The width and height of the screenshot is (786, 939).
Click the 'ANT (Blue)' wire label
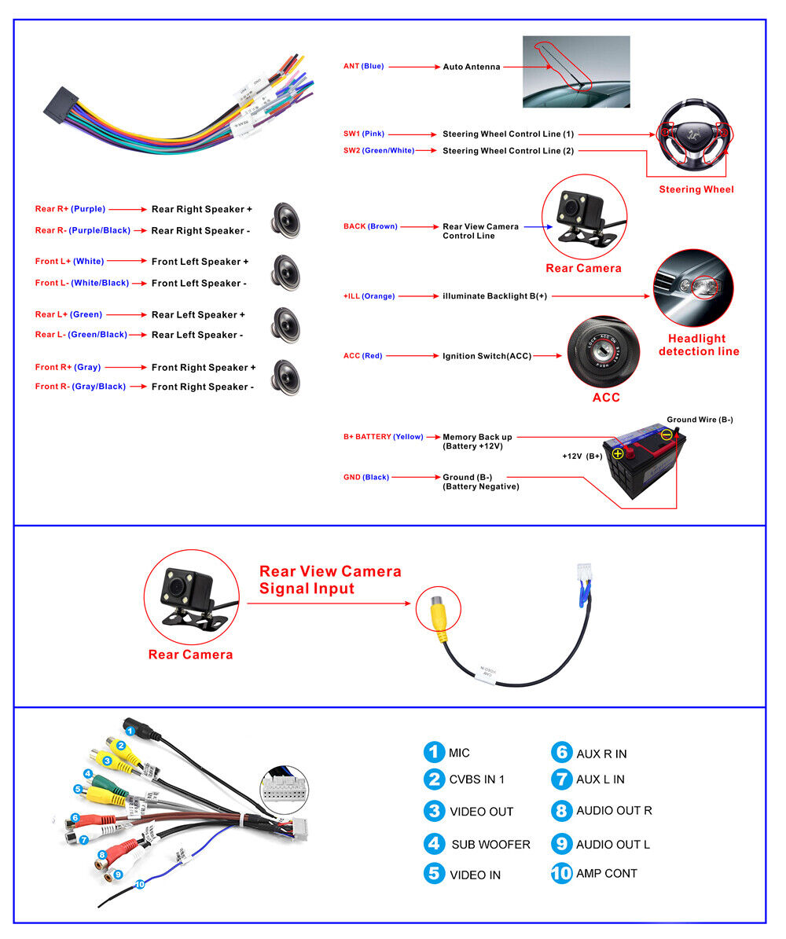363,67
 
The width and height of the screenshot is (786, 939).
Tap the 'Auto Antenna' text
471,67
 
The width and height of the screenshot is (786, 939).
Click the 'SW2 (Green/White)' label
378,150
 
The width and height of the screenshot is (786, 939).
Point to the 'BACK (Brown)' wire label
370,226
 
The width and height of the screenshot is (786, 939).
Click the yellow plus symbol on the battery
618,453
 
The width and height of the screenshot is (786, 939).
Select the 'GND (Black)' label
365,477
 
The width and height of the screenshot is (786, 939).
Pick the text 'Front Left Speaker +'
200,262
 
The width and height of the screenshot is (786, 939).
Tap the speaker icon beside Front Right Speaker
286,376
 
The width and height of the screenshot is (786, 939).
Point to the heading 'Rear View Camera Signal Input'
330,580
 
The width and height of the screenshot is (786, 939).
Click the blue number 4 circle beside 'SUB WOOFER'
433,844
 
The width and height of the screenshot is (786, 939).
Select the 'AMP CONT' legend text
606,873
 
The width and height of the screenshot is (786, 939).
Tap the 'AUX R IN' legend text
601,754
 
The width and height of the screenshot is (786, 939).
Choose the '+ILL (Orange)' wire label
369,296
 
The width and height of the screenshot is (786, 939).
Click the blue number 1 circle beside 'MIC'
433,752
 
